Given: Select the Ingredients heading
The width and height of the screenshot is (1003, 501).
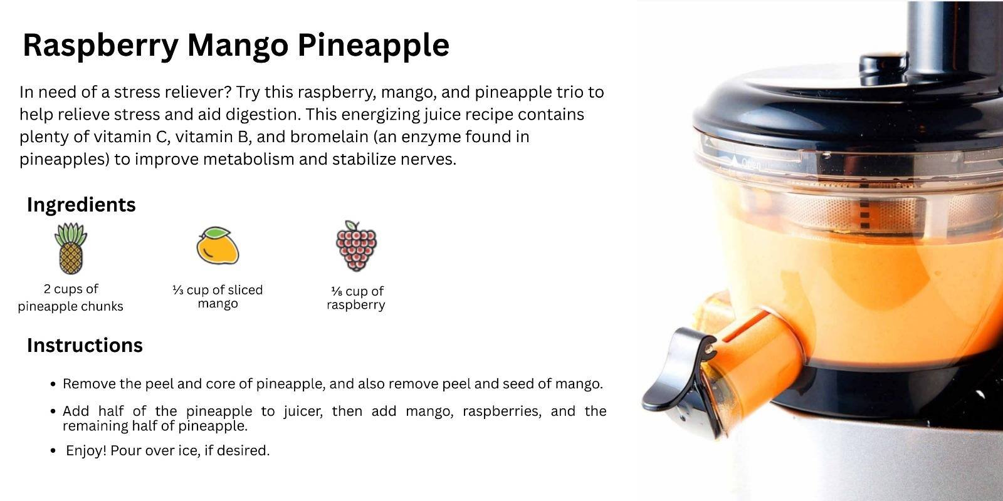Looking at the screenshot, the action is point(81,205).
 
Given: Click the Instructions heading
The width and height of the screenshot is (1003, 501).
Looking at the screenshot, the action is point(85,345).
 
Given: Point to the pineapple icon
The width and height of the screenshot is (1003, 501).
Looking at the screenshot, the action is point(71,248).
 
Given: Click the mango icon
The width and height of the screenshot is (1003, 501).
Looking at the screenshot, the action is point(218,245).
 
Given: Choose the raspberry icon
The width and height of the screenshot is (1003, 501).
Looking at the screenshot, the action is point(356,246).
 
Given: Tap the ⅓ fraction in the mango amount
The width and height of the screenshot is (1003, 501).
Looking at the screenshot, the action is point(178,291).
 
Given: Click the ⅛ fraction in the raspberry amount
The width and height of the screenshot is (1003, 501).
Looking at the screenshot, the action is point(337,292).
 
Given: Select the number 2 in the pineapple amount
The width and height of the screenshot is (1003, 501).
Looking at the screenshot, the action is point(47,289).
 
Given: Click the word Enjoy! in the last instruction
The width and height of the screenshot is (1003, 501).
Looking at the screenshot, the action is point(86,450).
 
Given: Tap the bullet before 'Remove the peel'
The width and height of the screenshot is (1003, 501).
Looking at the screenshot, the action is point(53,385).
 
